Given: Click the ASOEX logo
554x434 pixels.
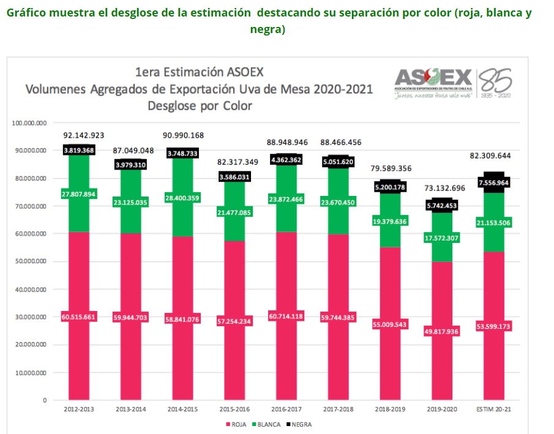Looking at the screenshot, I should pos(433,82).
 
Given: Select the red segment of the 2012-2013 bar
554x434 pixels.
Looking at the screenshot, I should pos(78,275).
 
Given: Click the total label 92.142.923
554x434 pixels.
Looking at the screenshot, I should pos(84,134).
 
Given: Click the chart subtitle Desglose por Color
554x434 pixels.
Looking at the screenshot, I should pos(200,105).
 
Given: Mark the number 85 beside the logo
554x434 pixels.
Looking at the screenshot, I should pos(496,80).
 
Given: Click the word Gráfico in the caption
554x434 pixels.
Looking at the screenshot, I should pos(27,13).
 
